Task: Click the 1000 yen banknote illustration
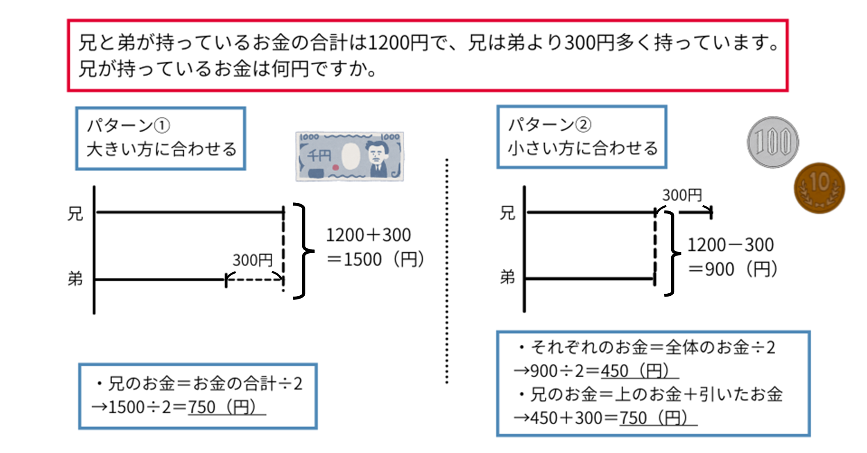349,156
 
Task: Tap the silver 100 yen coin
773,143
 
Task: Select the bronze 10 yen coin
819,188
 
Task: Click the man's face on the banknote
378,153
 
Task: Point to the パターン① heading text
128,126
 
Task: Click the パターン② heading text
549,125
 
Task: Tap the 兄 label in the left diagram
75,213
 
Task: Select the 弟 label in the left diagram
75,279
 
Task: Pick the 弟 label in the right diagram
507,278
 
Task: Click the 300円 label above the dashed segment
253,260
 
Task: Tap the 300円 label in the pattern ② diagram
682,195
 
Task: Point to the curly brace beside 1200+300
303,251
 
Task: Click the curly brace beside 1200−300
672,253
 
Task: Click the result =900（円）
733,270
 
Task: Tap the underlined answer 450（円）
635,371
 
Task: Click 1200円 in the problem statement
398,43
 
